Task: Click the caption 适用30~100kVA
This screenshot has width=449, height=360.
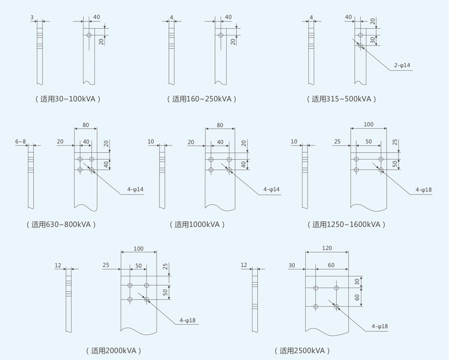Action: [x=68, y=99]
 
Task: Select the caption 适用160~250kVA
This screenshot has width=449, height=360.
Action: [x=201, y=99]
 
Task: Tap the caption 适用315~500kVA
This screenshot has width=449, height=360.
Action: [x=341, y=99]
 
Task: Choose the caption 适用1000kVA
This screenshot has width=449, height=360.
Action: [x=197, y=224]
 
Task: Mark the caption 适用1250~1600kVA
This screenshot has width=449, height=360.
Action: [x=346, y=224]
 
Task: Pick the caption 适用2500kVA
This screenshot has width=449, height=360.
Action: [x=301, y=350]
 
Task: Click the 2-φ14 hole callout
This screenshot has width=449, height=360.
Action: [x=402, y=66]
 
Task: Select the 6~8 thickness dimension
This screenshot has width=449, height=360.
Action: [x=21, y=142]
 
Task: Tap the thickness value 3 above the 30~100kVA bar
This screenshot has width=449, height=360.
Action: [x=33, y=17]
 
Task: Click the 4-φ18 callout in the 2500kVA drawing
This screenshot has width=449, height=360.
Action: [x=380, y=326]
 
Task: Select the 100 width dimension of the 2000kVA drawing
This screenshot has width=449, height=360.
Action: [x=139, y=247]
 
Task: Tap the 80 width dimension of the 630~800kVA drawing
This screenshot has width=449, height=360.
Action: [x=86, y=125]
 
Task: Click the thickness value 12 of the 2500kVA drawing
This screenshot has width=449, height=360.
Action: [x=244, y=265]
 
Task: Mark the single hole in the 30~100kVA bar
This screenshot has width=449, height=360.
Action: [x=89, y=35]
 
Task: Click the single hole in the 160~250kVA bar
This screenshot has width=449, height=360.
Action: [x=221, y=35]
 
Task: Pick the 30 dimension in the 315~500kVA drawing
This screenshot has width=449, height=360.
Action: [x=373, y=40]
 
